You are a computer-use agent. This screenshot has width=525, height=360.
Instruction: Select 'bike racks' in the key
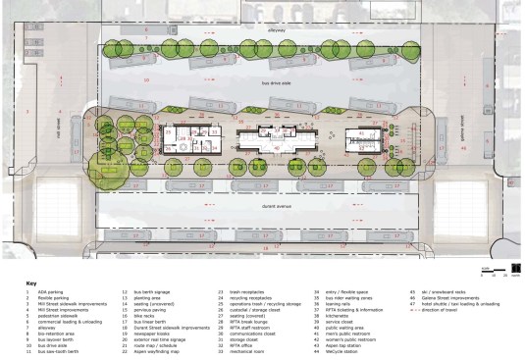pyautogui.click(x=145, y=317)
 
